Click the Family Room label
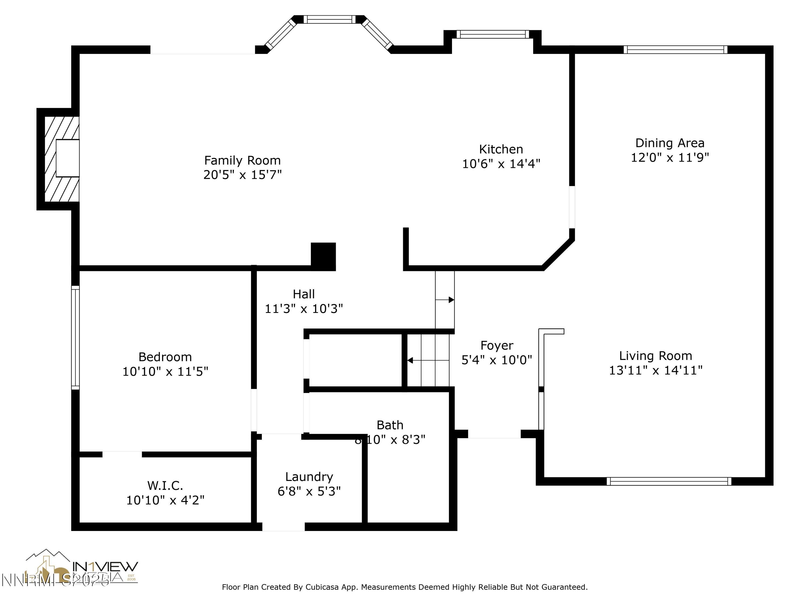click(242, 161)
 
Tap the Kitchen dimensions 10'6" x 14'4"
click(501, 164)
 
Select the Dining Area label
click(669, 143)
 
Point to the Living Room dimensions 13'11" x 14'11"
click(656, 370)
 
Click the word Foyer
click(497, 345)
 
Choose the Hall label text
click(303, 294)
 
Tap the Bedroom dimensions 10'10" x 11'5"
click(165, 372)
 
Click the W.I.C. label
click(165, 486)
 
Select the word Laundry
click(309, 477)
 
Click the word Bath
click(390, 425)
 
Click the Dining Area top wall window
click(675, 49)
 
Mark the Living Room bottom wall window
click(669, 481)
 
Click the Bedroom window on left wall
click(75, 337)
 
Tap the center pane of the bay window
click(329, 19)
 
